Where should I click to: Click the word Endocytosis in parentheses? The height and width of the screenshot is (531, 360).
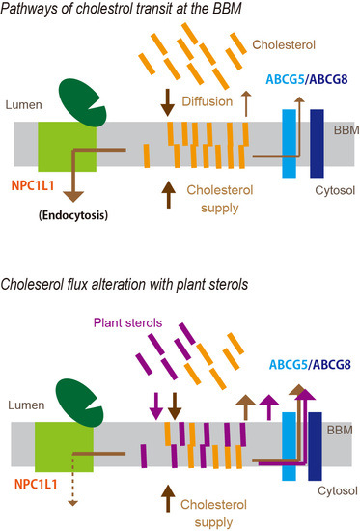click(73, 215)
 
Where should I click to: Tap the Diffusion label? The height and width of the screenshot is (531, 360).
click(208, 101)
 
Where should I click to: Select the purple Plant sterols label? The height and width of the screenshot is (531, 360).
click(127, 322)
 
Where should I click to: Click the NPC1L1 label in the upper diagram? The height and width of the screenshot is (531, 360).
click(33, 185)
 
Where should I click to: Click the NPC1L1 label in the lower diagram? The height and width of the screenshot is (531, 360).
click(36, 484)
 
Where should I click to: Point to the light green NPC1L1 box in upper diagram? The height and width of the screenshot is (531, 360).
click(67, 147)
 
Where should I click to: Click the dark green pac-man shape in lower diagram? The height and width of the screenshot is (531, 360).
click(80, 403)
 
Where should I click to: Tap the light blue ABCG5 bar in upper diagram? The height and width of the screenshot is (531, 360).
click(289, 143)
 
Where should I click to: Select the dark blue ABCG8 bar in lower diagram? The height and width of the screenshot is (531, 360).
click(315, 446)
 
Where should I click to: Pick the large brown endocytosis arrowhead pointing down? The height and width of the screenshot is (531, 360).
click(73, 196)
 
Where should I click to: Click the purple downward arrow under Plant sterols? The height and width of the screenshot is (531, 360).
click(156, 406)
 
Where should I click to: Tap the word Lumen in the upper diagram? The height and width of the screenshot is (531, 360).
click(24, 105)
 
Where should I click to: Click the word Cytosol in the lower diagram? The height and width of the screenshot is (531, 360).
click(337, 490)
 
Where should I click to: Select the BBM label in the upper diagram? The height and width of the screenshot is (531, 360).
click(346, 130)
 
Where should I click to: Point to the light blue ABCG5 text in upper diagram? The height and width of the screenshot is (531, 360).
click(285, 79)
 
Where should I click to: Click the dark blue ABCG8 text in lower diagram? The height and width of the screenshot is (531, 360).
click(332, 365)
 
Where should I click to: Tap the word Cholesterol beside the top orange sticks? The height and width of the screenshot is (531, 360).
click(284, 44)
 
